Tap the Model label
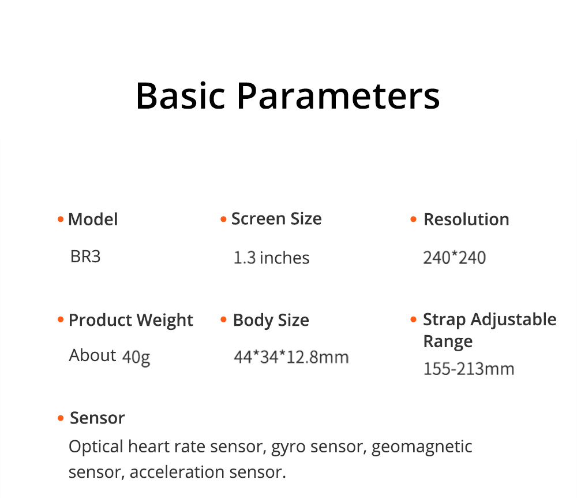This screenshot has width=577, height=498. click(x=93, y=220)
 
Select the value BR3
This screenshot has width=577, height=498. click(x=85, y=257)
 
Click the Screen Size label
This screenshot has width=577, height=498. click(x=276, y=219)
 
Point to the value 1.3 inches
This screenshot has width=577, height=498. click(x=271, y=258)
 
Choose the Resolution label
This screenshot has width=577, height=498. click(x=466, y=220)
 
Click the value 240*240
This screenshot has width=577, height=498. click(x=454, y=258)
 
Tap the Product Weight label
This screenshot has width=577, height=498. click(x=131, y=320)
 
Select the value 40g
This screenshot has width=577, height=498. click(x=136, y=357)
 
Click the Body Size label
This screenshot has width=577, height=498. click(x=271, y=320)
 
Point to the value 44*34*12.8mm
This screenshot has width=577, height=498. click(x=291, y=357)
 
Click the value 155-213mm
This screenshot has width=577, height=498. click(x=469, y=369)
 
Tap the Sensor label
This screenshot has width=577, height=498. click(x=97, y=418)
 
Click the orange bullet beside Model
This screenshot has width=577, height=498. click(x=60, y=220)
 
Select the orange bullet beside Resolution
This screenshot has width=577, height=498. click(x=413, y=220)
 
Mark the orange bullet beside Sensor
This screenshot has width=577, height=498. click(x=60, y=418)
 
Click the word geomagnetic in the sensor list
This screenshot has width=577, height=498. click(x=422, y=447)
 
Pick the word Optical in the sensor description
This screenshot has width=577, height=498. click(x=96, y=447)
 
